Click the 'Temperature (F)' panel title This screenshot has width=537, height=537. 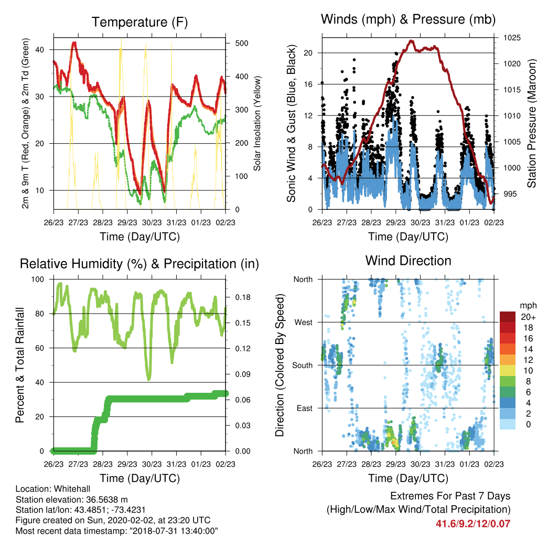coord(139,22)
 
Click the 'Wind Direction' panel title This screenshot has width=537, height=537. coord(408,261)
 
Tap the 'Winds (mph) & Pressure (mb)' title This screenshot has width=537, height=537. coord(408,19)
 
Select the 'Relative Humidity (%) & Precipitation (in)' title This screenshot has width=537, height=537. coord(139,264)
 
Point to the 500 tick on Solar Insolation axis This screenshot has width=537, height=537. coord(242,43)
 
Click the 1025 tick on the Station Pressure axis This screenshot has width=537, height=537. coord(512,38)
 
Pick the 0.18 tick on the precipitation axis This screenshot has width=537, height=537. coord(243,297)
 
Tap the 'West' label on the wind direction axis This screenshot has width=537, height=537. coord(304,323)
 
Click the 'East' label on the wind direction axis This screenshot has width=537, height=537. coord(305,408)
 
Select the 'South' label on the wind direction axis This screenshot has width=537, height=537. coord(303,366)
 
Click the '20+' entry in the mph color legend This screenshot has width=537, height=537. coord(528,317)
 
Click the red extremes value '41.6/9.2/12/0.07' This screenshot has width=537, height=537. coord(473,524)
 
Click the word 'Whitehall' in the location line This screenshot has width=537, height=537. coord(72,489)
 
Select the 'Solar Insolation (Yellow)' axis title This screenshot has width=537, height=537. coord(257,123)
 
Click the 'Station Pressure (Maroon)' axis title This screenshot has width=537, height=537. coord(531,123)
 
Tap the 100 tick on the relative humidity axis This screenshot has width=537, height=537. coord(38,280)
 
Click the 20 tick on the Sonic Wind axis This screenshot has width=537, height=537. coord(308,53)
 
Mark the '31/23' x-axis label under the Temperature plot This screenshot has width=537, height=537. coord(176,222)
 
